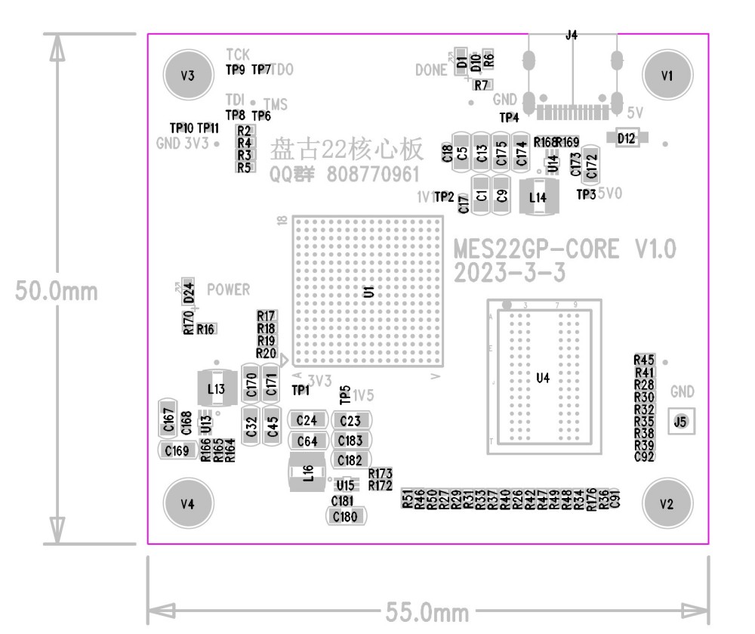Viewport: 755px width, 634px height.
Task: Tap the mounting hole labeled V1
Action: coord(665,75)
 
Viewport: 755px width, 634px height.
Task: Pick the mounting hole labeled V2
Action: coord(665,504)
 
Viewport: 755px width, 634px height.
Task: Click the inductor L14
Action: coord(538,196)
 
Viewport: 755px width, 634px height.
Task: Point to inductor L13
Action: coord(215,389)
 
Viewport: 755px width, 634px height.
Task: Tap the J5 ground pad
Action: coord(681,422)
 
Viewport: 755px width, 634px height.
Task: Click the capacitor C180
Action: coord(345,517)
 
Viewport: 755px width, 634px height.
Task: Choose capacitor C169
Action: coord(177,451)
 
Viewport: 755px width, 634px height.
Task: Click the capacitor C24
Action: coord(307,420)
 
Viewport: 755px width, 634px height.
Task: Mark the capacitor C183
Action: coord(350,441)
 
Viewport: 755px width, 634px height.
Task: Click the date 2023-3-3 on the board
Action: coord(510,273)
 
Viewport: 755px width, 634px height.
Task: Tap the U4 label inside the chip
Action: coord(542,379)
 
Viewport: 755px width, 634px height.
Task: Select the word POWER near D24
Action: coord(228,289)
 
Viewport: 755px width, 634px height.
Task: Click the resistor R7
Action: coord(481,84)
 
